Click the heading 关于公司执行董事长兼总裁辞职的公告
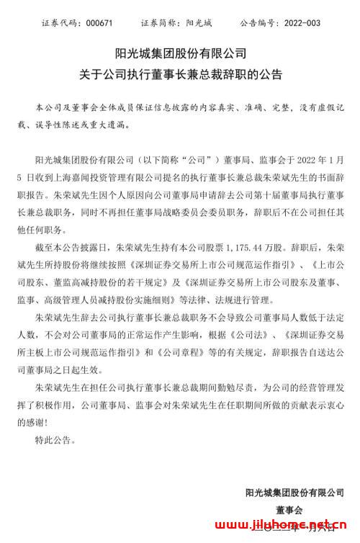tap(181, 74)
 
